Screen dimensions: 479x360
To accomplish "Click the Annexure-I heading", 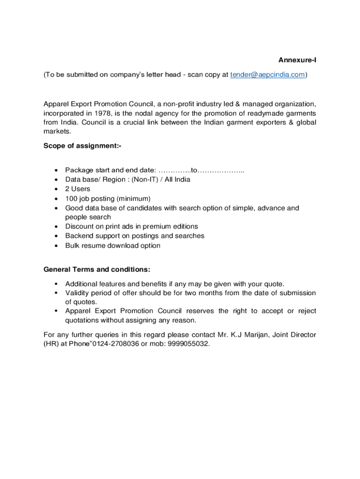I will (297, 60).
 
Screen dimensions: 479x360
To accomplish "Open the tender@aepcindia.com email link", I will (268, 74).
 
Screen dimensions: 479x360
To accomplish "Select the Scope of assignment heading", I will (82, 146).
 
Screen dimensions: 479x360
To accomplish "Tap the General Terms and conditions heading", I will (97, 269).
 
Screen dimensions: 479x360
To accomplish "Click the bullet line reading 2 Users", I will (78, 189).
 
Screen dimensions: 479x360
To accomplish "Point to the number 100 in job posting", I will (71, 198).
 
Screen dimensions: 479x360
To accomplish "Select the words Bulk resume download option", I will (113, 246).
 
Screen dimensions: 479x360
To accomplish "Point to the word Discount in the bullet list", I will (79, 226).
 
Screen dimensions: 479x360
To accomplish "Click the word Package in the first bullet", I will (79, 170).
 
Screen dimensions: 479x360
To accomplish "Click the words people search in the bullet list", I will (88, 217).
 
